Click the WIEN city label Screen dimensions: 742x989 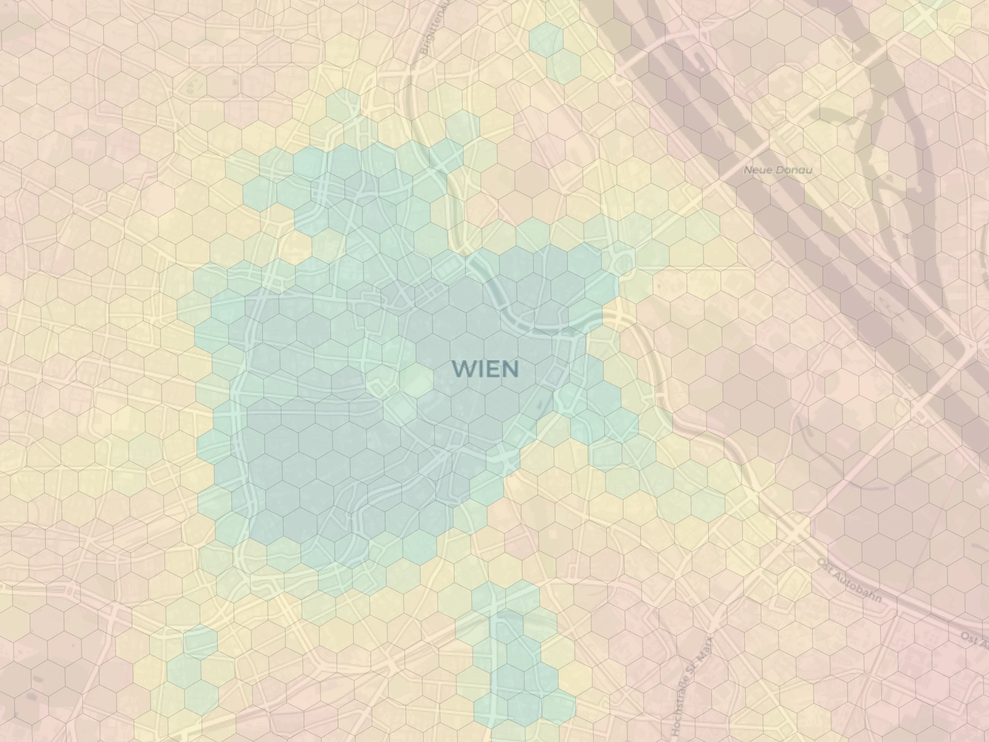485,369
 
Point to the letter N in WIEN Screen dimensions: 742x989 508,369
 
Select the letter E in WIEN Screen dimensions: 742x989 492,369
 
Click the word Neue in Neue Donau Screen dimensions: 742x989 756,169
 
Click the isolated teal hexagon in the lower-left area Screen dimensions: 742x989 200,641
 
